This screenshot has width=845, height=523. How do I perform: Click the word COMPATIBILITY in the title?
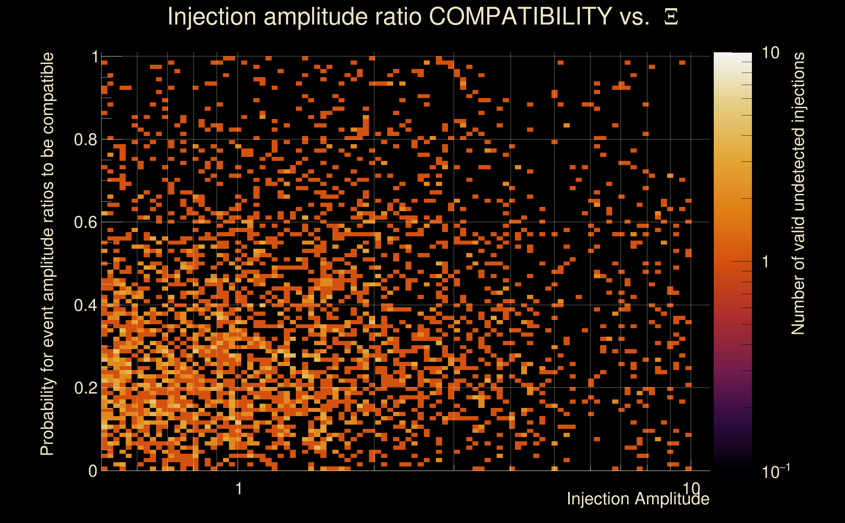pos(520,16)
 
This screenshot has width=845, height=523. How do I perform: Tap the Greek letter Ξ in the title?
pos(671,17)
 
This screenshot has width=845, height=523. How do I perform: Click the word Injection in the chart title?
pos(212,16)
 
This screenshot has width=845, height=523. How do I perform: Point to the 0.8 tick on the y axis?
pos(86,140)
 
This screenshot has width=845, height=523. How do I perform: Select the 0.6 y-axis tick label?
pos(86,222)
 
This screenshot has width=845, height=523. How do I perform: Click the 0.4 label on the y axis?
pos(86,305)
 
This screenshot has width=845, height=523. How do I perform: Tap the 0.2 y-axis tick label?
pos(86,388)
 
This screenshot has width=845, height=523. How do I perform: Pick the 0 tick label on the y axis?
pos(93,471)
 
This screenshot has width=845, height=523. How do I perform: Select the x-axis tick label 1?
pos(238,489)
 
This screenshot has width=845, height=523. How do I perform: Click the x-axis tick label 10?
pos(691,489)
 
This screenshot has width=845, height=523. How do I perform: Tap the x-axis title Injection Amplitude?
pos(638,499)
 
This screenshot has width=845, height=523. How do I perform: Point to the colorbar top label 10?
pos(770,53)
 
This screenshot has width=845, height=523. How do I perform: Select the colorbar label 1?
pos(766,262)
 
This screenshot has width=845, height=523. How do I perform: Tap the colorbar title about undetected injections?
pos(798,194)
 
